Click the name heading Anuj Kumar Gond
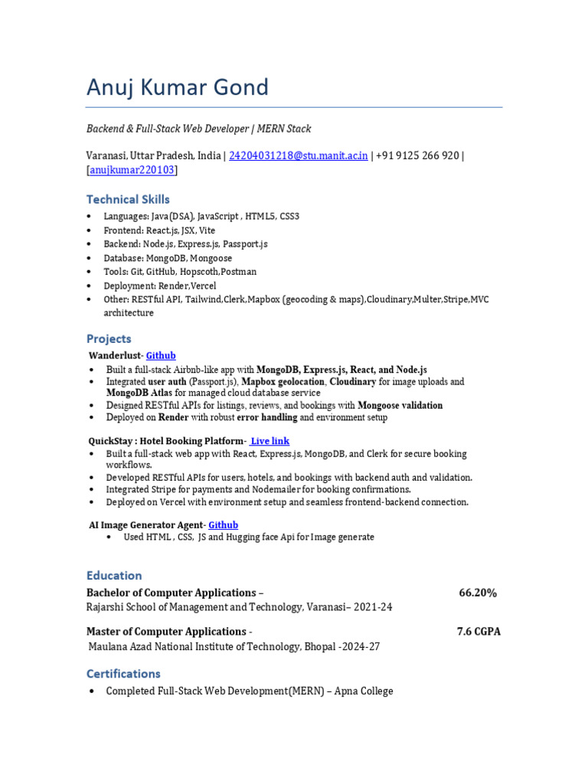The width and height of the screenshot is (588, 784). click(178, 87)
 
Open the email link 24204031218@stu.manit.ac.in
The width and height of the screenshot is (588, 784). click(298, 155)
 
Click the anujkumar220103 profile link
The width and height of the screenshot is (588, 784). click(132, 170)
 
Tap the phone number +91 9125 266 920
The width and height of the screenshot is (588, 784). click(417, 155)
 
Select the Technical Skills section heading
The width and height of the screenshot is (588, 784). click(128, 199)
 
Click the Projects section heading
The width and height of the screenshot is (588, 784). click(109, 338)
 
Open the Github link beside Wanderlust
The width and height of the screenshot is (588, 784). click(161, 355)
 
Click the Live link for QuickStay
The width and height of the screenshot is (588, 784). click(269, 441)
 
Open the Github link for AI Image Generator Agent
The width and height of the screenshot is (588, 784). click(223, 524)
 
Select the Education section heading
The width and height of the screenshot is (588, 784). click(114, 575)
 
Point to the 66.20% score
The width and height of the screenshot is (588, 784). click(478, 593)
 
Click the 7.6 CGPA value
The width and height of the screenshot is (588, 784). click(479, 632)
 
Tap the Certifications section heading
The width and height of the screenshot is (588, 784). click(123, 674)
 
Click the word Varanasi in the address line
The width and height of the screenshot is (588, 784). click(106, 155)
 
